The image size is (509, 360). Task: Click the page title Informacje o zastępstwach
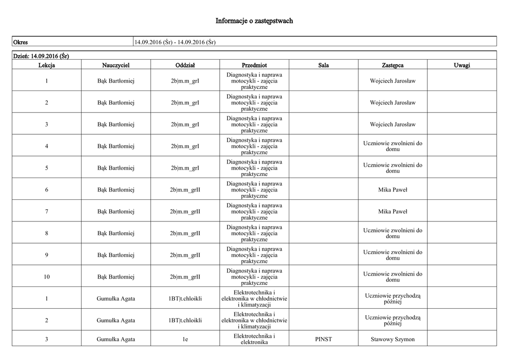tap(254, 21)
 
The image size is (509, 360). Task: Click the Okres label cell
tap(20, 42)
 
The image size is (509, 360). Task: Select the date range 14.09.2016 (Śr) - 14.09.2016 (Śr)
tap(174, 42)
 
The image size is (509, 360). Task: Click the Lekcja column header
tap(46, 65)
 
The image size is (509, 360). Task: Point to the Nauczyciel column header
tap(116, 65)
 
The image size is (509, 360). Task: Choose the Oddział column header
tap(185, 65)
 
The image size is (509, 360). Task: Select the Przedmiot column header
tap(254, 65)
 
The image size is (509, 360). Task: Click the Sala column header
tap(324, 65)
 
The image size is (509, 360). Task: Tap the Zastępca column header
tap(393, 65)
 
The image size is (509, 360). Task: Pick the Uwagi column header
tap(462, 65)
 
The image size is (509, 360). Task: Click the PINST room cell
tap(324, 340)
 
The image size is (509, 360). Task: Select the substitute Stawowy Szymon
tap(393, 340)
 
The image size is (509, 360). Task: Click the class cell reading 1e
tap(185, 340)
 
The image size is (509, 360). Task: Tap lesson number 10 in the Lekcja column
tap(46, 277)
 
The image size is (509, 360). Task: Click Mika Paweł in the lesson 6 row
tap(393, 190)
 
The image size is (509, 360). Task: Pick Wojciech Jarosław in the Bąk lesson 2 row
tap(393, 103)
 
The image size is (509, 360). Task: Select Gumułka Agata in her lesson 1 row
tap(116, 299)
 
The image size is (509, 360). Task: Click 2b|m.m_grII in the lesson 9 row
tap(185, 255)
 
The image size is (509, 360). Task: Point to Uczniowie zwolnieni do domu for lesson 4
tap(393, 146)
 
